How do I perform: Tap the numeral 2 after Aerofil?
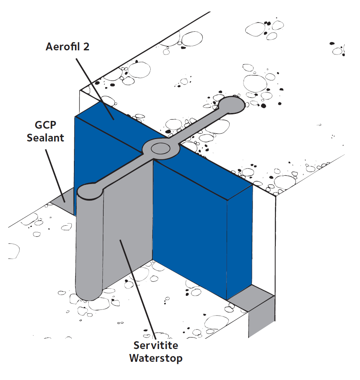pyautogui.click(x=86, y=46)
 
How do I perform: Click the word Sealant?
pyautogui.click(x=45, y=137)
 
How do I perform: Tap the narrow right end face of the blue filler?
pyautogui.click(x=239, y=243)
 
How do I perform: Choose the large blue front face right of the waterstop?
pyautogui.click(x=190, y=227)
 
